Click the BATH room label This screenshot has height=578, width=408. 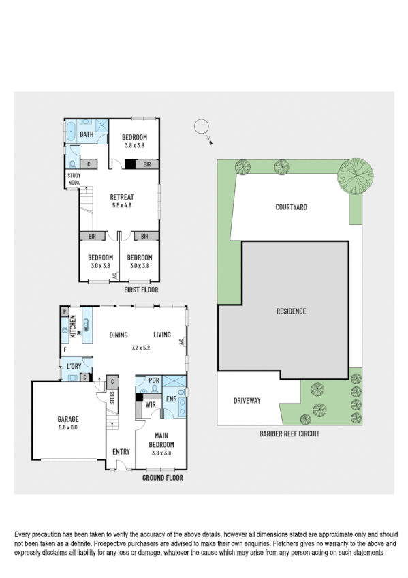87,134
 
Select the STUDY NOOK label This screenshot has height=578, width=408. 74,179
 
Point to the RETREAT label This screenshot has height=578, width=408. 121,196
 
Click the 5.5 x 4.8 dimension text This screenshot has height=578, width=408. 121,204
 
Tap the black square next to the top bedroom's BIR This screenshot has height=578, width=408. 129,164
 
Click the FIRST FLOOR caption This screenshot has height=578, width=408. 141,290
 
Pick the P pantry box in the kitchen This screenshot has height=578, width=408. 65,311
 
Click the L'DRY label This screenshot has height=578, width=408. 75,367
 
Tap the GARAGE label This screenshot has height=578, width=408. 68,419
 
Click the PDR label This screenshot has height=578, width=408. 154,379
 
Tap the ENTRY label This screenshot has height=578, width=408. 121,451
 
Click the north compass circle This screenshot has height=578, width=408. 201,126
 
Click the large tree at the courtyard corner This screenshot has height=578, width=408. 355,175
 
